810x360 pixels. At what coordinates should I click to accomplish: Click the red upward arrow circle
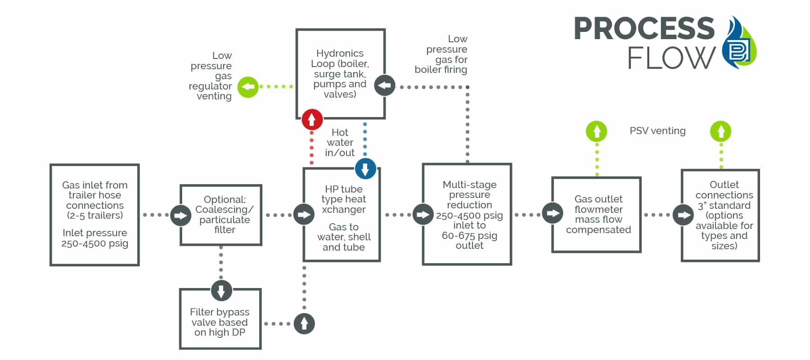312,120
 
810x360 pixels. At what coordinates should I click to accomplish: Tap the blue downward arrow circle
365,169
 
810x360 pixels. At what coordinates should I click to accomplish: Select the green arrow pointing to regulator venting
248,86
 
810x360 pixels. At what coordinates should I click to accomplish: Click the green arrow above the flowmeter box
597,131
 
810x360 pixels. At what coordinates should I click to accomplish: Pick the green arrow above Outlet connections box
721,131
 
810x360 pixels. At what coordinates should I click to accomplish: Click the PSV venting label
657,131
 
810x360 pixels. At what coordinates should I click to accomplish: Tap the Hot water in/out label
340,143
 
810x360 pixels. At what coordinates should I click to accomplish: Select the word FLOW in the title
671,58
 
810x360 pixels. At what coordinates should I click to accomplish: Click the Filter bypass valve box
220,319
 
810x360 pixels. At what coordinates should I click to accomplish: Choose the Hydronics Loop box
341,74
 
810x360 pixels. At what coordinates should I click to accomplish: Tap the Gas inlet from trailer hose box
94,215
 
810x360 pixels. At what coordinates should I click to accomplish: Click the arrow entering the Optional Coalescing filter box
180,215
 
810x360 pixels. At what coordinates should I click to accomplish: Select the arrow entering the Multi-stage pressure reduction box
423,214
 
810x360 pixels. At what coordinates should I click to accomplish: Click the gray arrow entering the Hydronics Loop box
385,85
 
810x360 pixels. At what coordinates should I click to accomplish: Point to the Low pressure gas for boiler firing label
441,54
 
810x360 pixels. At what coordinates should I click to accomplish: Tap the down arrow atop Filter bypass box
221,291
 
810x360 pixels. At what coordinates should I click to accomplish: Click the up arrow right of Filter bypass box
304,324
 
